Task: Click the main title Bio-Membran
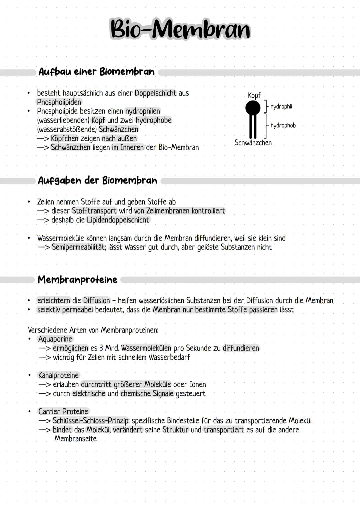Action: coord(180,29)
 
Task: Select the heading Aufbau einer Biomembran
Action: coord(96,72)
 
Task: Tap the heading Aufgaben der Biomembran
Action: coord(97,181)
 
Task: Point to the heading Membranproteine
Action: coord(77,279)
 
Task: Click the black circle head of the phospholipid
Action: coord(253,108)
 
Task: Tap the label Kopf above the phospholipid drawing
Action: coord(254,95)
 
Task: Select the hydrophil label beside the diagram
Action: coord(281,107)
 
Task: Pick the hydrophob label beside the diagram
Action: coord(283,126)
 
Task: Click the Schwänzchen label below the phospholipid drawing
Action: coord(253,143)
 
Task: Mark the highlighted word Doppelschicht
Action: coord(155,93)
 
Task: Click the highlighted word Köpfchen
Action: coord(64,138)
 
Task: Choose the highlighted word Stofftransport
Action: coord(94,211)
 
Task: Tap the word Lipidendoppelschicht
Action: coord(118,220)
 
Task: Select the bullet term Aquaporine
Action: coord(55,339)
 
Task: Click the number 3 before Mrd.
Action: coord(101,348)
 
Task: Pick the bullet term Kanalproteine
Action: coord(58,375)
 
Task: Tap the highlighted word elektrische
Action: coord(89,393)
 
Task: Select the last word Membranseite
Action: coord(75,439)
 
